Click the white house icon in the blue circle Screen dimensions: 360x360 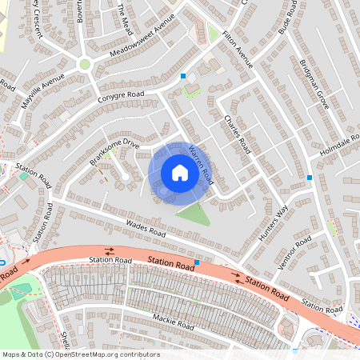pos(180,173)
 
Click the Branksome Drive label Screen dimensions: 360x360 pos(114,151)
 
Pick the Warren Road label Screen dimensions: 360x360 pos(201,160)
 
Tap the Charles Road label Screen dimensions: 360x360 pos(238,134)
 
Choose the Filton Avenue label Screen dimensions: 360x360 pos(238,50)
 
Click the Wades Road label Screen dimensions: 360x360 pos(146,227)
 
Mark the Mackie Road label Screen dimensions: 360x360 pos(174,322)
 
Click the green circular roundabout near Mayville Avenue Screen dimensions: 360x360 pos(85,64)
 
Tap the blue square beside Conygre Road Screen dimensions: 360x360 pos(183,76)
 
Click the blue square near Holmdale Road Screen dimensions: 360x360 pos(310,178)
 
